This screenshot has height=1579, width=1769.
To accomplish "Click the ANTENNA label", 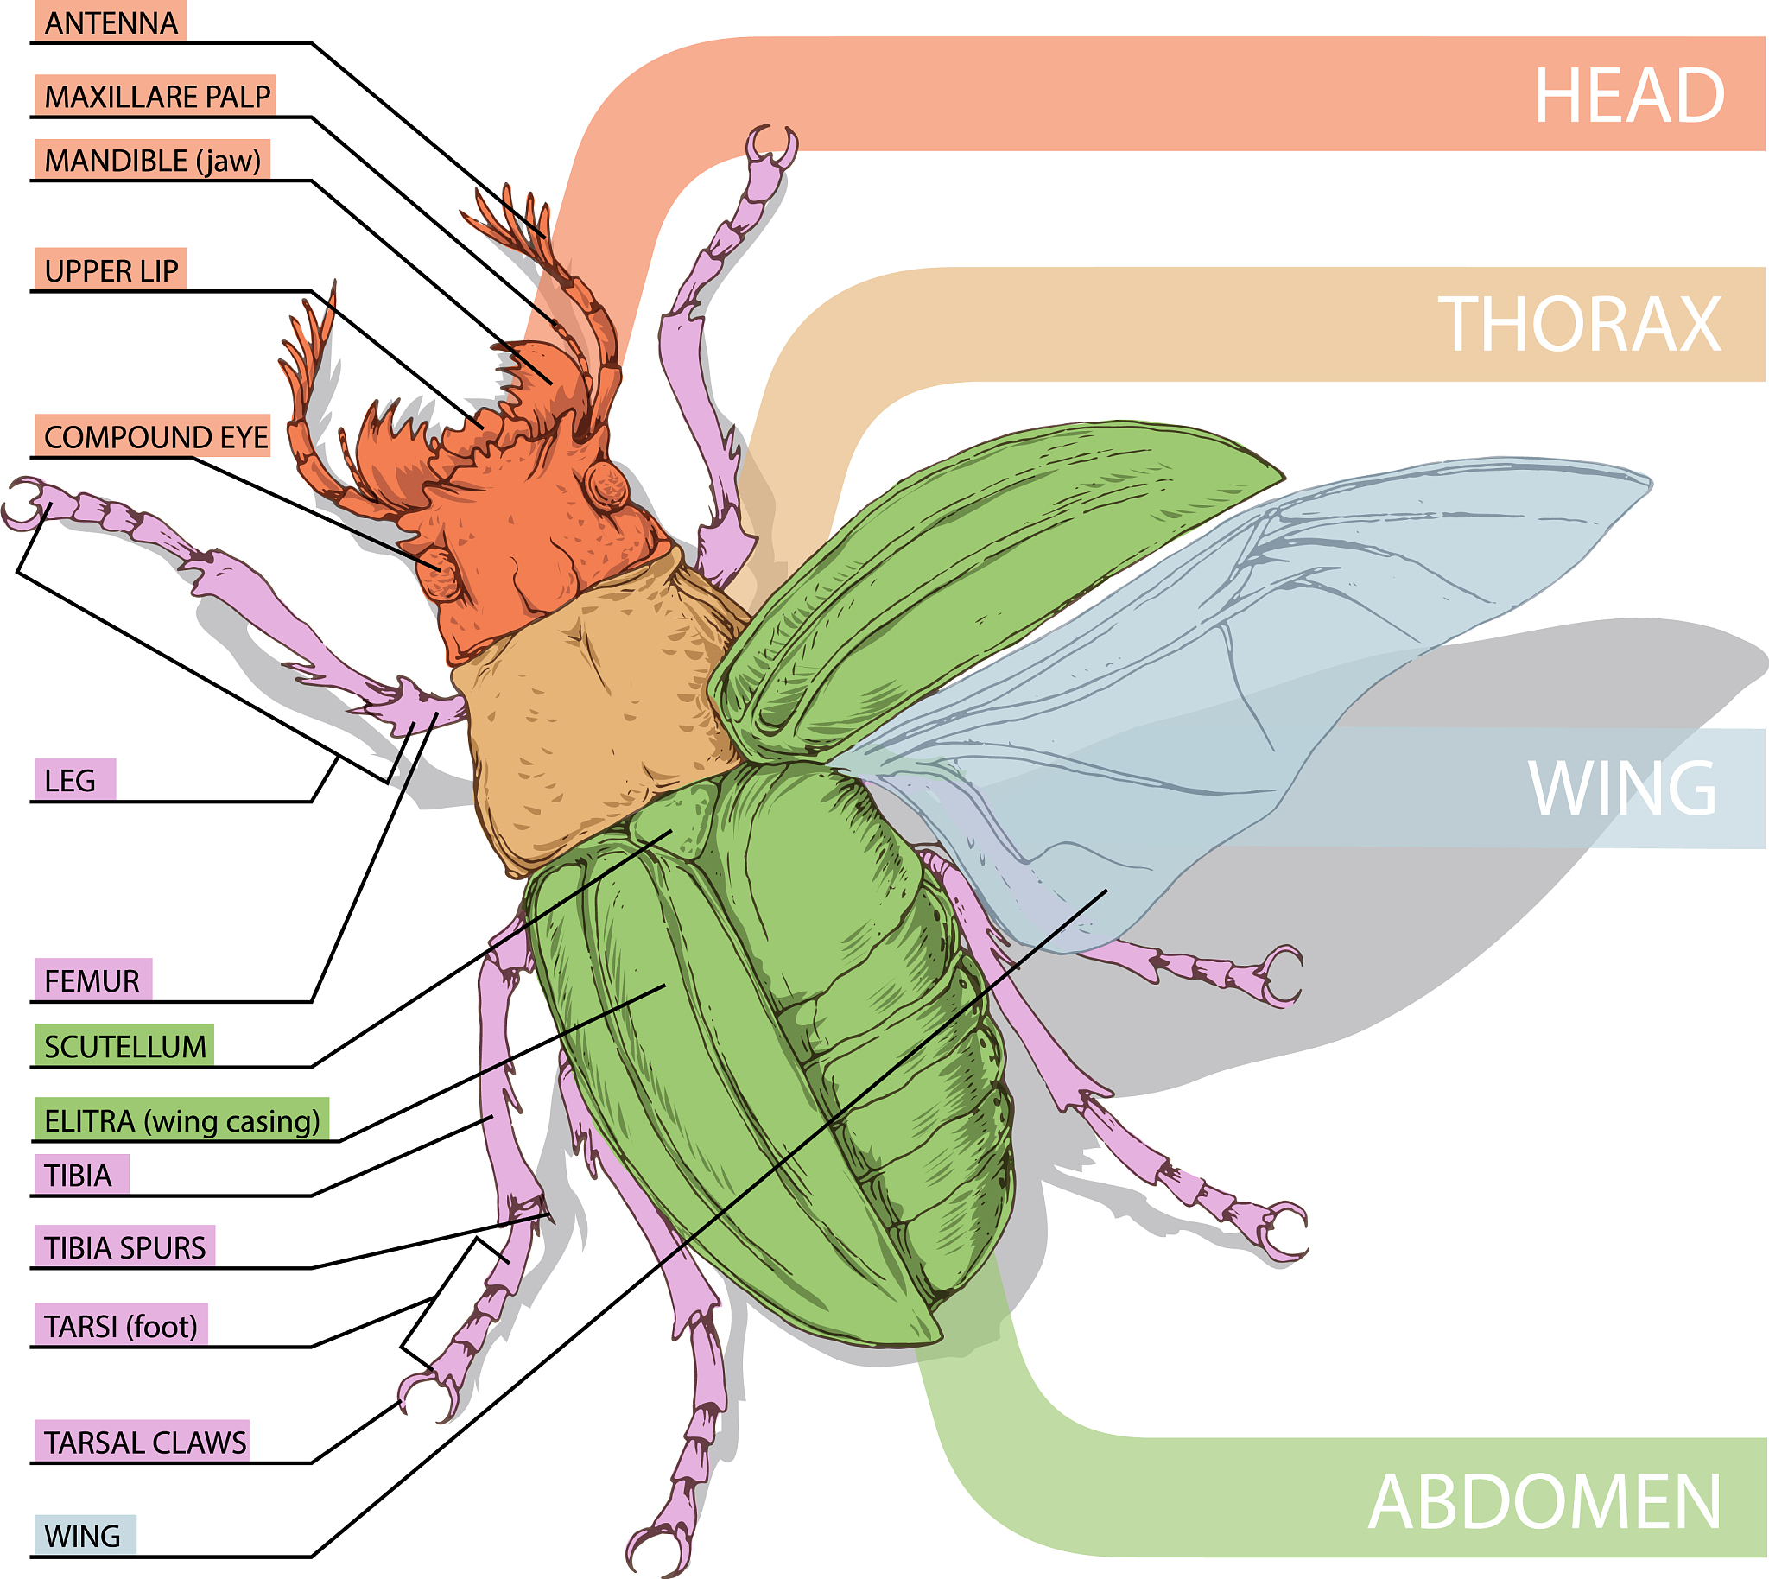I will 111,22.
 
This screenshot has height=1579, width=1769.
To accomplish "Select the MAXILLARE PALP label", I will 156,95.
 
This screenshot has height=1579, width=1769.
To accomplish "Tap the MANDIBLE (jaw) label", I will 152,161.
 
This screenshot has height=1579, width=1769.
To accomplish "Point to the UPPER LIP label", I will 111,270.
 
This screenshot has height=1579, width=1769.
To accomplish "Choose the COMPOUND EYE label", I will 155,436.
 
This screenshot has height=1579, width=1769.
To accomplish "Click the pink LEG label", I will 70,780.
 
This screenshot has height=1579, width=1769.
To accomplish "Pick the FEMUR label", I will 91,980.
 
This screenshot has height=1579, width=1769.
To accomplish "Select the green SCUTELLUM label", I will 125,1046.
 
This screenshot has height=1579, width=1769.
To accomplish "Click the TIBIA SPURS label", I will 125,1246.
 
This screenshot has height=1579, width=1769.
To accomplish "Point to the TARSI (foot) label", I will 121,1326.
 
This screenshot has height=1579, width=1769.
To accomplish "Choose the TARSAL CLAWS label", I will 145,1442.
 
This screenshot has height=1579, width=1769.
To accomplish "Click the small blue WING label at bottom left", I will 82,1535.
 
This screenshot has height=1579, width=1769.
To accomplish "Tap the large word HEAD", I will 1629,95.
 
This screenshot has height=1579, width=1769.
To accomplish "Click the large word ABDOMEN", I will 1544,1502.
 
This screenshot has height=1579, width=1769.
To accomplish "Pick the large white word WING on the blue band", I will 1621,788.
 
